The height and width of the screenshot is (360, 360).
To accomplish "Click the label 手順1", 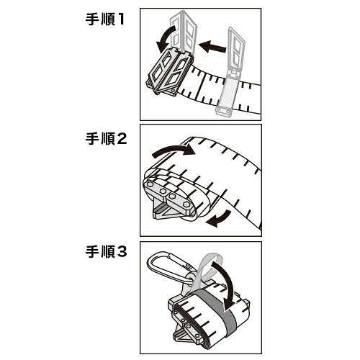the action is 105,19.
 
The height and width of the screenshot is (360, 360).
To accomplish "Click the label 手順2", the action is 106,139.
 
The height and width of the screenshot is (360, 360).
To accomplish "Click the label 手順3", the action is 106,252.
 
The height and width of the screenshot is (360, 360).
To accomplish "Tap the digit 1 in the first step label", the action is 120,19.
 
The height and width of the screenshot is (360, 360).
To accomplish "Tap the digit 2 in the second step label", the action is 122,139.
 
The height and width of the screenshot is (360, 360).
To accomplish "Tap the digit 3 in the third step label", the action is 122,252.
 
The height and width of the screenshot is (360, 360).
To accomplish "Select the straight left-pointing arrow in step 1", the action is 212,46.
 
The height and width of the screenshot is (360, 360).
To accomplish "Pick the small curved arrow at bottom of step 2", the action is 220,217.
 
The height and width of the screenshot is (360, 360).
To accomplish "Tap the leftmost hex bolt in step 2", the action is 150,184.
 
